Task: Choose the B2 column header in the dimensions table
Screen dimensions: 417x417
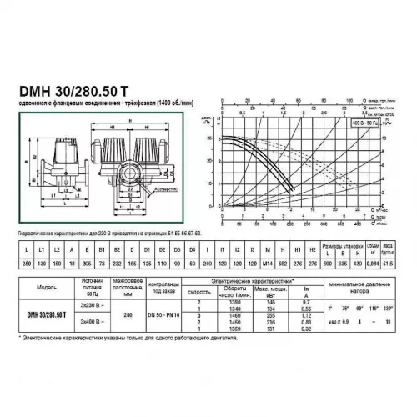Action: point(128,249)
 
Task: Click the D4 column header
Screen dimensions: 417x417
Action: point(193,249)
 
